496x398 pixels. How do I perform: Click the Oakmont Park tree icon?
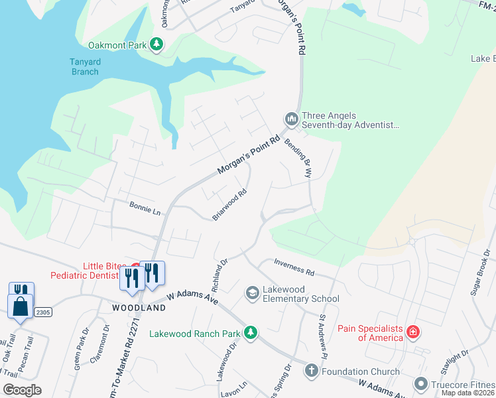point(156,44)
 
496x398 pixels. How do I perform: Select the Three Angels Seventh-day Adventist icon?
point(291,119)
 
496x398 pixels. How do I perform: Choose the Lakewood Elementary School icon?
point(252,293)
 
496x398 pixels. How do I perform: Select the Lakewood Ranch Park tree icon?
point(250,332)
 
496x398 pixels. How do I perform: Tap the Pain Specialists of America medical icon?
point(412,332)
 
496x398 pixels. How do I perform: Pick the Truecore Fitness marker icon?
point(420,383)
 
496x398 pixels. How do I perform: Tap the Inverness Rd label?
point(294,267)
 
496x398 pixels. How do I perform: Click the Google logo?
point(22,389)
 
